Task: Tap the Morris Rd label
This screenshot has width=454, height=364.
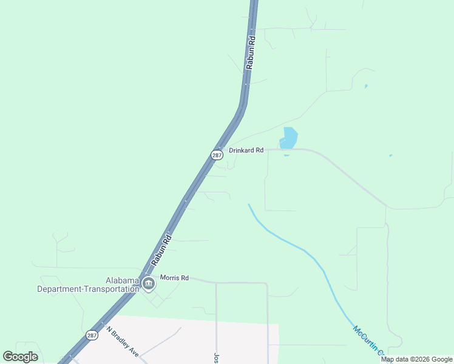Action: (x=175, y=278)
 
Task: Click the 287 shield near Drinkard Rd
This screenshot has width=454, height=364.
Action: (x=217, y=155)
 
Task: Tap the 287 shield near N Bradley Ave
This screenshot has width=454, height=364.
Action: (x=92, y=335)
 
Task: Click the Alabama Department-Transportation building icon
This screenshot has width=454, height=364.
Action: (x=149, y=283)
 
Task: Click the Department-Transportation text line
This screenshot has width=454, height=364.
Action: (x=88, y=289)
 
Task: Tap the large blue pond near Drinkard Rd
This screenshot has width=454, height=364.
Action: (x=289, y=138)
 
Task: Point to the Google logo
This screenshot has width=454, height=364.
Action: (x=21, y=357)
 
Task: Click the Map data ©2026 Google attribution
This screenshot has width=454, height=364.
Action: (x=417, y=359)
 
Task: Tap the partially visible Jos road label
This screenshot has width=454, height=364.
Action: (x=215, y=357)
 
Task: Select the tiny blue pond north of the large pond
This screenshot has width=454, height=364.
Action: (x=365, y=86)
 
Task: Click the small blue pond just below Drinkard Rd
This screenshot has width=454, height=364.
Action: (x=286, y=155)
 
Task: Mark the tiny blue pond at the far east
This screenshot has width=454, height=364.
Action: (x=390, y=156)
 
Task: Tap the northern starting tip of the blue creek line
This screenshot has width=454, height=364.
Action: (x=248, y=204)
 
